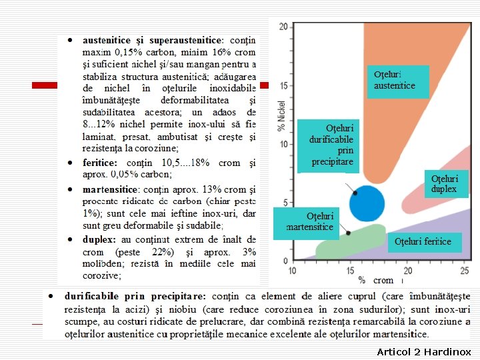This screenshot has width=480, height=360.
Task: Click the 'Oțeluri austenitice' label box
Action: tap(397, 81)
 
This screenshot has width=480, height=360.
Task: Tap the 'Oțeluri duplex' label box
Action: tap(444, 183)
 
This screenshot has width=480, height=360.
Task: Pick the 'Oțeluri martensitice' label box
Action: tap(309, 221)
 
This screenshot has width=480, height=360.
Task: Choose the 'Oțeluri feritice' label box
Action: tap(423, 241)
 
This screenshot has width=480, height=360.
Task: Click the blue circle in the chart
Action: tap(367, 203)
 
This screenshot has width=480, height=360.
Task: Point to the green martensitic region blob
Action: tap(347, 242)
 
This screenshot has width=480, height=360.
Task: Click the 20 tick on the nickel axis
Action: tap(283, 27)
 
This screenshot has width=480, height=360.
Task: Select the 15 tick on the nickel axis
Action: tap(283, 85)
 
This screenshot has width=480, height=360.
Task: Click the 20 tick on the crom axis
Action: tap(407, 270)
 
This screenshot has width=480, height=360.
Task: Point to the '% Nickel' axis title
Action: tap(281, 113)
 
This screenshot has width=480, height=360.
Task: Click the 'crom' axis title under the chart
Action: tap(383, 281)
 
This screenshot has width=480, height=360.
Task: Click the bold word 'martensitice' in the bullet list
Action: tap(106, 189)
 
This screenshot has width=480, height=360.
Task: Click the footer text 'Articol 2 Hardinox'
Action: tap(423, 351)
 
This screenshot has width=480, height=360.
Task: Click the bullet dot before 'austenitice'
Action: tap(69, 40)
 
